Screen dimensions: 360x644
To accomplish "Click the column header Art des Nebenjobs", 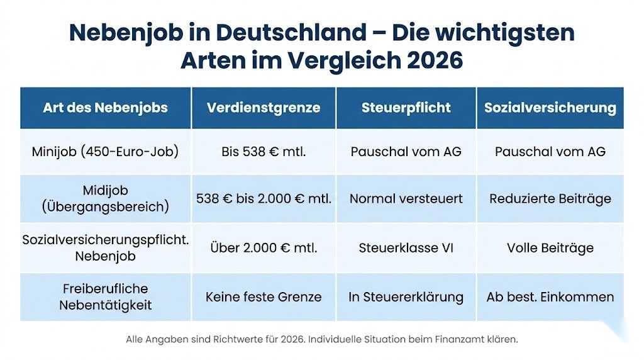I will click(105, 108).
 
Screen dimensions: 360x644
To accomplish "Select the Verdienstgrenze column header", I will click(264, 108).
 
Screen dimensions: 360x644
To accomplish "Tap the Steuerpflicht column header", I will click(406, 108).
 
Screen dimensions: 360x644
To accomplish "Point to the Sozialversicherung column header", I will click(550, 108).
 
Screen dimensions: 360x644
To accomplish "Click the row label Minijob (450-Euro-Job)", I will click(105, 152).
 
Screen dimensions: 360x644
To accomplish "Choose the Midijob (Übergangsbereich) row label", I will click(105, 199).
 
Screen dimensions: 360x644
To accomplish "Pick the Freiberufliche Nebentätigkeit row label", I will click(105, 297).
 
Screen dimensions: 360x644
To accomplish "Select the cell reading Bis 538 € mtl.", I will click(264, 152).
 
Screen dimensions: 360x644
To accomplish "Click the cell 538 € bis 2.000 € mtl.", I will click(264, 199).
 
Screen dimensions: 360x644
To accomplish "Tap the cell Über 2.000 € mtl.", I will click(264, 248).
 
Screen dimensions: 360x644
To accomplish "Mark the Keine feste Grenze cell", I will click(264, 297).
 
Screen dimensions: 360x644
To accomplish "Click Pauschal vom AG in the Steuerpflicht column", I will click(406, 152).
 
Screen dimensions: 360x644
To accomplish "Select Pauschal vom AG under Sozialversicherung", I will click(550, 152).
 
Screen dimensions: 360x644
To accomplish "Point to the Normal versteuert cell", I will click(406, 199).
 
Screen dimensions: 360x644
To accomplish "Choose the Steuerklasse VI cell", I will click(406, 248).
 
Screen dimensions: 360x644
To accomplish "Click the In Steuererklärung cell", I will click(406, 297).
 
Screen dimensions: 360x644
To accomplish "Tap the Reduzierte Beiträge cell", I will click(550, 199).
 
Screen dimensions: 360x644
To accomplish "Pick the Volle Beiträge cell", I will click(550, 248).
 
